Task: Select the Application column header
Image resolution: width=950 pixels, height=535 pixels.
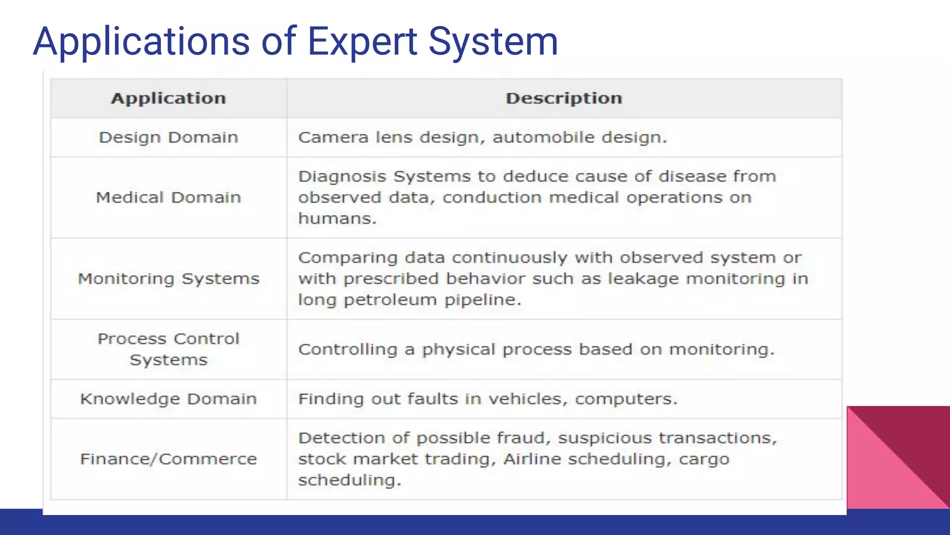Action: tap(168, 98)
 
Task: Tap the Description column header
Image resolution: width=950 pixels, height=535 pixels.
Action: tap(564, 98)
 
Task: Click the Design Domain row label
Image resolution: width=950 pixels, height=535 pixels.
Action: tap(168, 137)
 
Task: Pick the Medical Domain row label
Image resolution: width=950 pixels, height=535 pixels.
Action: tap(168, 197)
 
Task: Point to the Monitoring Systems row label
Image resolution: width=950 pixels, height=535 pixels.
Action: tap(168, 279)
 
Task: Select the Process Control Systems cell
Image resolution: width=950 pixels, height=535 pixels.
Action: tap(168, 349)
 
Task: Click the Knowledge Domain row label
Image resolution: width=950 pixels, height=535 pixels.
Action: tap(168, 399)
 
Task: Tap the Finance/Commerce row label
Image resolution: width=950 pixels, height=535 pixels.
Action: tap(168, 459)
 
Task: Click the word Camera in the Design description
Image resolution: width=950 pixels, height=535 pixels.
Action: tap(333, 137)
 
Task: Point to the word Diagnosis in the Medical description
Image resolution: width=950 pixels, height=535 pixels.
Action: tap(342, 176)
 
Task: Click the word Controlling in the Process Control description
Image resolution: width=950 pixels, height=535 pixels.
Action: tap(347, 349)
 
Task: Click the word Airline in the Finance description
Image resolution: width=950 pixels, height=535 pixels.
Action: tap(532, 459)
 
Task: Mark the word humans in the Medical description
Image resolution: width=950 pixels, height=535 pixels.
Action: tap(337, 218)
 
